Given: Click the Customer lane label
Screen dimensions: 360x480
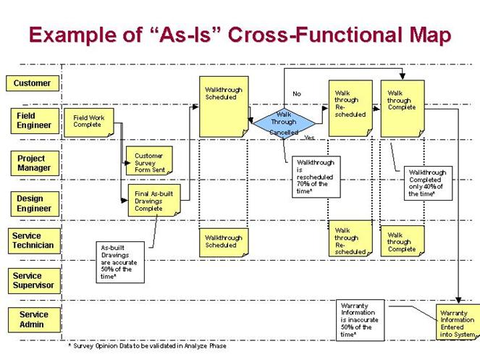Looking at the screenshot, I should point(32,83).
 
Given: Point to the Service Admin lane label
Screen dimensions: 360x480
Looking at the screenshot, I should point(34,319).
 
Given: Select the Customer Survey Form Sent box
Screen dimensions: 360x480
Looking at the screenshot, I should point(149,163).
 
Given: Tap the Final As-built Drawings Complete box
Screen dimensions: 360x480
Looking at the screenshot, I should point(150,200).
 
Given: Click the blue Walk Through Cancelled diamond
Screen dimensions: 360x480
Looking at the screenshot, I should point(284,120).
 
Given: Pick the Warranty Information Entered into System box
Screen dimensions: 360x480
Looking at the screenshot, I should point(458,322).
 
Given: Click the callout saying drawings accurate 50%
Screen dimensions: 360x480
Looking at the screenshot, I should point(119,262).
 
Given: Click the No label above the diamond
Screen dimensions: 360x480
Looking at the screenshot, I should point(297,94).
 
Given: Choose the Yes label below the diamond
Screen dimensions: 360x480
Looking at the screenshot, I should point(309,138).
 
